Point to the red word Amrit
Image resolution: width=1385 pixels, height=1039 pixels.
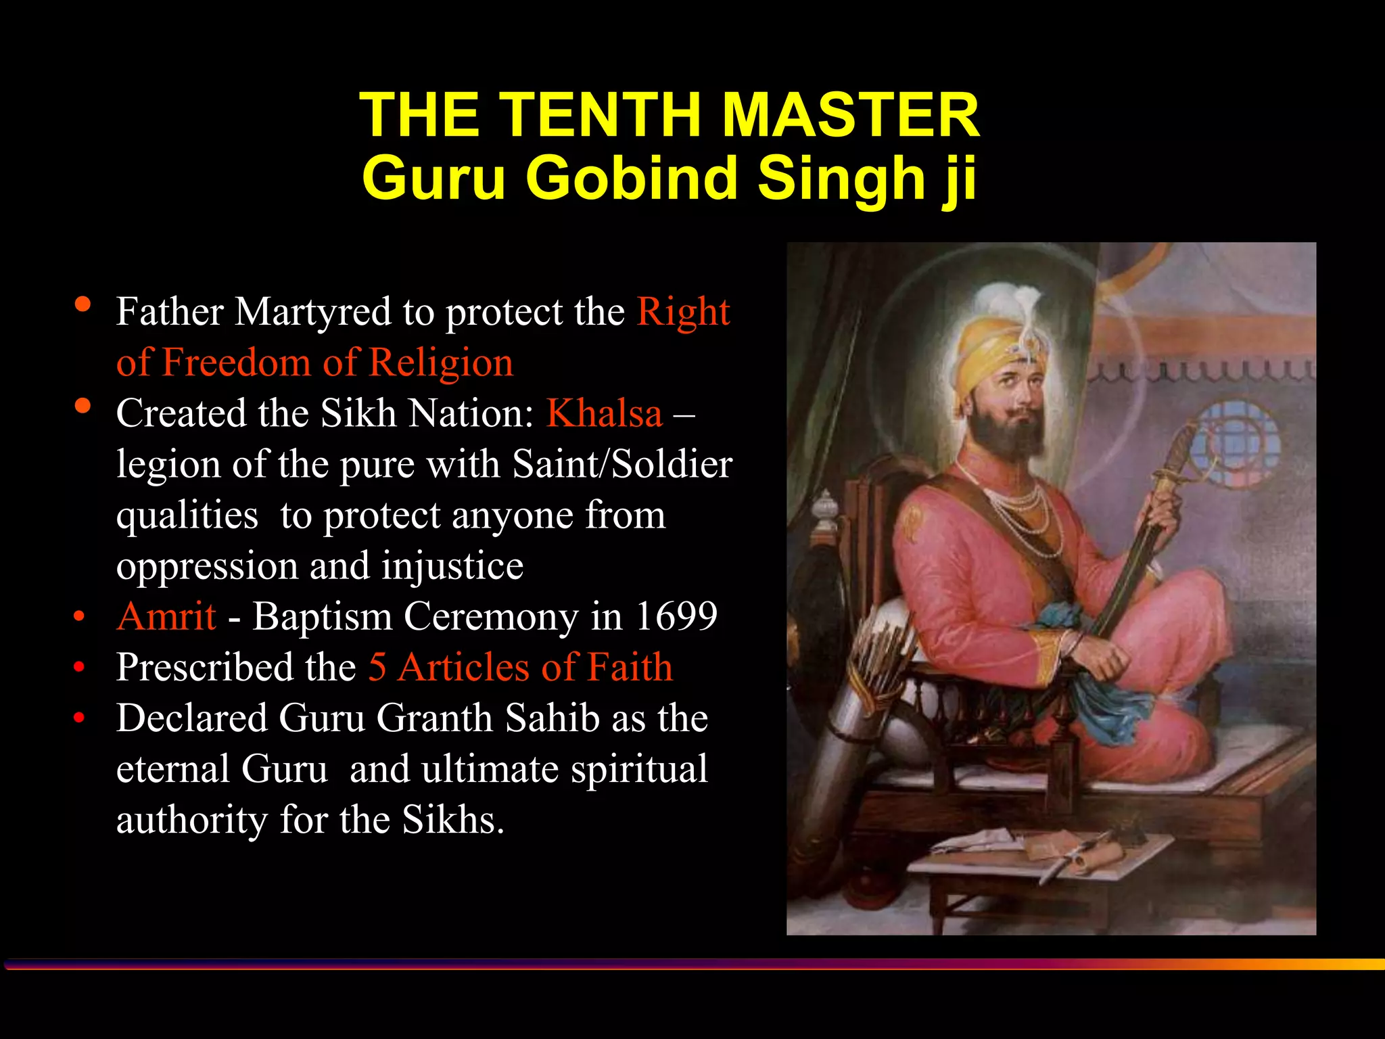point(166,616)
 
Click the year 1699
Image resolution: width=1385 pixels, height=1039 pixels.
point(676,616)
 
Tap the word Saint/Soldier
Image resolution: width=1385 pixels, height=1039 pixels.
point(622,464)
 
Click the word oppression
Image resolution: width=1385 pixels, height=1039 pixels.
point(206,565)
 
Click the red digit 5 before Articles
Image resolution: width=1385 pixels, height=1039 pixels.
point(377,667)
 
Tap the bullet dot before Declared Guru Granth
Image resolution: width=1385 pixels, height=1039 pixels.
point(79,718)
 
